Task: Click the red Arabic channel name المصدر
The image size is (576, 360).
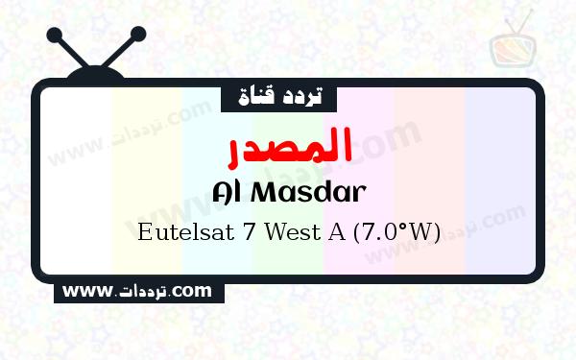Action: (x=289, y=145)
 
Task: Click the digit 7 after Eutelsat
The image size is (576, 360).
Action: (x=239, y=233)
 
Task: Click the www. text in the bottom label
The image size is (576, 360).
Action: (x=87, y=289)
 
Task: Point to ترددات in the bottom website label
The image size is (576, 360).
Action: (x=142, y=290)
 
